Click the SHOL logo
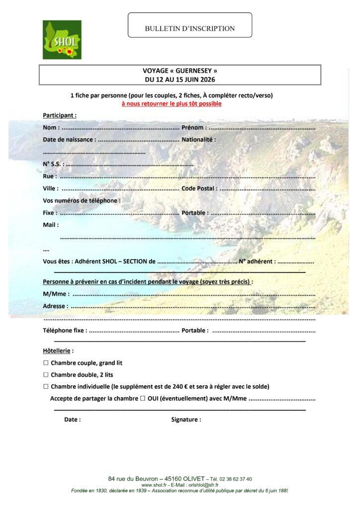pyautogui.click(x=62, y=40)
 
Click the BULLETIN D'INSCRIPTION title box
pyautogui.click(x=189, y=28)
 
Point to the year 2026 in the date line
pyautogui.click(x=207, y=79)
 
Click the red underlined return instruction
pyautogui.click(x=172, y=103)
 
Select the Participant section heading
pyautogui.click(x=59, y=115)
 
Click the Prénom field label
pyautogui.click(x=194, y=127)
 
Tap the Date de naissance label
pyautogui.click(x=69, y=140)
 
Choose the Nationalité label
pyautogui.click(x=198, y=140)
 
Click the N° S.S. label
pyautogui.click(x=53, y=164)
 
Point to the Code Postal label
pyautogui.click(x=199, y=188)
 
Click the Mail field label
pyautogui.click(x=51, y=225)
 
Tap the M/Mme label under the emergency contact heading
pyautogui.click(x=56, y=294)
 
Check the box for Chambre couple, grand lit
pyautogui.click(x=46, y=363)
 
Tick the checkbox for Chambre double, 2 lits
pyautogui.click(x=46, y=375)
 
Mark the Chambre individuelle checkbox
pyautogui.click(x=46, y=386)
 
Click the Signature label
pyautogui.click(x=186, y=420)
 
